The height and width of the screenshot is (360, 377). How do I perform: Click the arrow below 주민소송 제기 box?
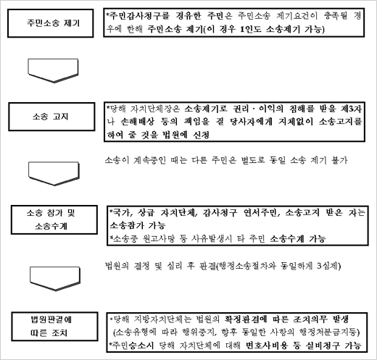(53, 70)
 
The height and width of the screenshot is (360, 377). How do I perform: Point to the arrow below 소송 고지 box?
(54, 174)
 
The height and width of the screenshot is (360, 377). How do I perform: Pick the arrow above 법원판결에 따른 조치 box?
(55, 278)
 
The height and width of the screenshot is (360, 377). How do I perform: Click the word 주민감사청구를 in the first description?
(139, 16)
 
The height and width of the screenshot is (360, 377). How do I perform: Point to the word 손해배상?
(137, 122)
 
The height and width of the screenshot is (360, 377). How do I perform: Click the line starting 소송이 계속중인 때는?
(226, 160)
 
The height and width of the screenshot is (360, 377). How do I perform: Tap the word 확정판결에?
(245, 319)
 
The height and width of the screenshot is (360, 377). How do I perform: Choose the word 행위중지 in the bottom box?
(199, 332)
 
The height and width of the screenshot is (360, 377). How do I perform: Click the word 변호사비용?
(267, 346)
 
